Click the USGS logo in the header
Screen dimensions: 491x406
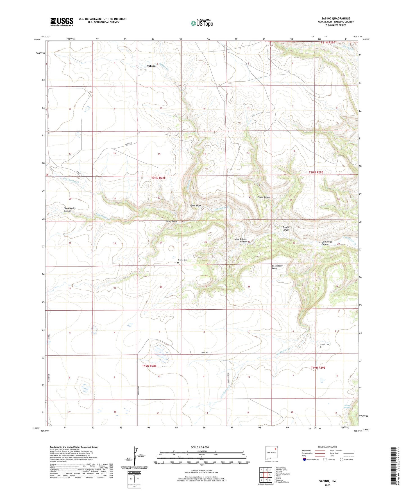[62, 22]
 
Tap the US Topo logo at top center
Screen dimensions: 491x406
[202, 23]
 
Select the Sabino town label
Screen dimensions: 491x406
[151, 66]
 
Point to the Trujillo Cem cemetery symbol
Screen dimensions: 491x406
[178, 263]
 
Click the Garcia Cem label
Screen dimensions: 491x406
[325, 344]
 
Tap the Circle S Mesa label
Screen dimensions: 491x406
[264, 197]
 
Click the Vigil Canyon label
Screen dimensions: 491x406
[195, 206]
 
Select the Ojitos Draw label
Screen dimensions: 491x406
[171, 221]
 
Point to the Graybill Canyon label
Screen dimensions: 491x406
[286, 228]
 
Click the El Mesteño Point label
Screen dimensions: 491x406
[277, 267]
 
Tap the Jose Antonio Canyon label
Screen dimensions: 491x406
[241, 240]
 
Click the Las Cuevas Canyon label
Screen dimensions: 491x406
[326, 243]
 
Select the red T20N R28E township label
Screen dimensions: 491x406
[158, 178]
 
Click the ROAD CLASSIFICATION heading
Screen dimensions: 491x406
[327, 447]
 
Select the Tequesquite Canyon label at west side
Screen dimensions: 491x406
[70, 210]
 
